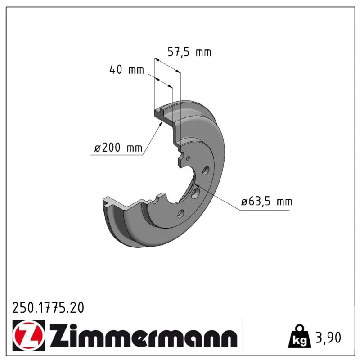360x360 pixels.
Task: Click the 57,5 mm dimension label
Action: (x=189, y=52)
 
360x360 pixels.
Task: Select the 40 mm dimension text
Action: (x=127, y=69)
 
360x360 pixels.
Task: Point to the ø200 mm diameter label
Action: (x=118, y=147)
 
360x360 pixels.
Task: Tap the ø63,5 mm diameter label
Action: (x=267, y=202)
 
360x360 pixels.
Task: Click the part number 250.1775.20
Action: (x=48, y=308)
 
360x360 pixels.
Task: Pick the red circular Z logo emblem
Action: (x=29, y=335)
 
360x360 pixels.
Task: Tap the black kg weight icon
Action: (x=299, y=336)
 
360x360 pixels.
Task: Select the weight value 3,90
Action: (x=328, y=337)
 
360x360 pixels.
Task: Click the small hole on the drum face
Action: (x=188, y=158)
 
